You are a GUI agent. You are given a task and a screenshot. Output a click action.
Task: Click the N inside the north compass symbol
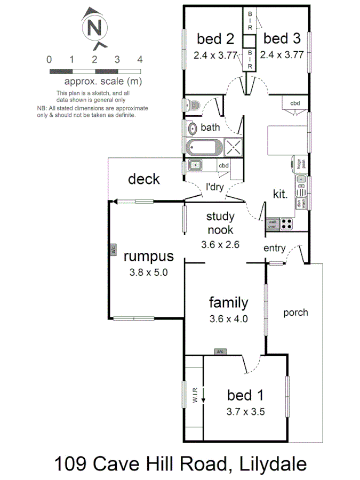pos(94,27)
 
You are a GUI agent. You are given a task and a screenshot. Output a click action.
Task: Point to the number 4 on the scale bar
pos(140,59)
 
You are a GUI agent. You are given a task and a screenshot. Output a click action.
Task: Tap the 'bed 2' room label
pos(215,38)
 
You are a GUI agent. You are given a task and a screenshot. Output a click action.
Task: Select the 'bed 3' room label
pos(282,38)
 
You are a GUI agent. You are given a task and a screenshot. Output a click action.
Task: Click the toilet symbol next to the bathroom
pos(193,105)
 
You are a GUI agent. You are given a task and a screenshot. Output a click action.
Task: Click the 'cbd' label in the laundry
pos(223,165)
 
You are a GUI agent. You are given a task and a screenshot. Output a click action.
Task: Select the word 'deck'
pos(143,179)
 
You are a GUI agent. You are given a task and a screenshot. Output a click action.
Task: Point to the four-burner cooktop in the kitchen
pos(287,224)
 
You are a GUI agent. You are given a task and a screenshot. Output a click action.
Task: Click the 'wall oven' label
pos(273,224)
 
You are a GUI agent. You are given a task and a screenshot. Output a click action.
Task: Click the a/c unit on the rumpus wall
pos(113,250)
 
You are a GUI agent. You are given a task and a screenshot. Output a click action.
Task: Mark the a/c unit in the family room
pos(220,351)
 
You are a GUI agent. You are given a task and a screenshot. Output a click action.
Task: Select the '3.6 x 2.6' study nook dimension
pos(220,245)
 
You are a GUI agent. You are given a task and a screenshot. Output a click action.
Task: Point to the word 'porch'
pos(295,312)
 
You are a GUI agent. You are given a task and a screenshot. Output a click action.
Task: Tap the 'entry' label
pos(275,248)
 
